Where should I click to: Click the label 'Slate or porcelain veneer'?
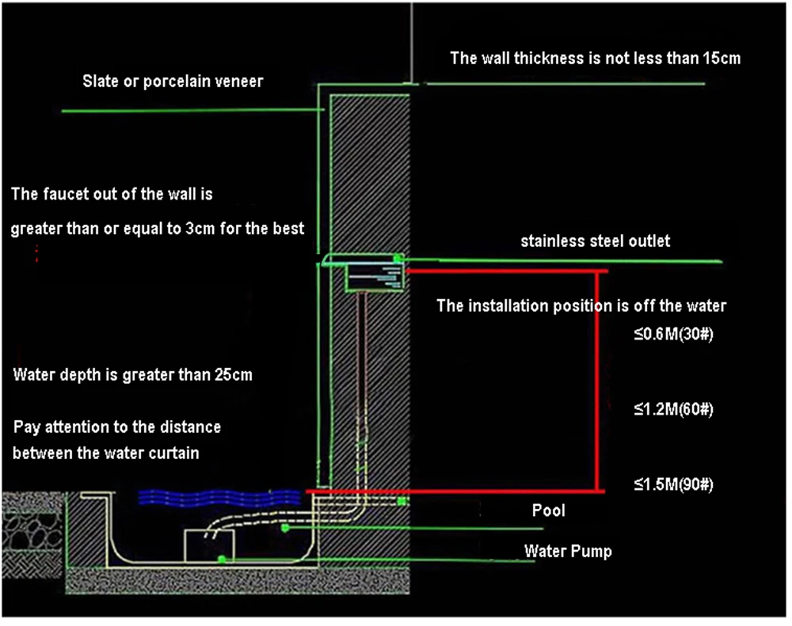click(173, 82)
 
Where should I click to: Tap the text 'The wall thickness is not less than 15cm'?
click(595, 58)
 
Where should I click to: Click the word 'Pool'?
click(548, 510)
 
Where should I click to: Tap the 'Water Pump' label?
click(568, 551)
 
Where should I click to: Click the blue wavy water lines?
click(218, 497)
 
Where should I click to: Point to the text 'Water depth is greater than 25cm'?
click(133, 375)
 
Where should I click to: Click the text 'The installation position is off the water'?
click(581, 305)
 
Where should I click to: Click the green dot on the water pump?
click(223, 559)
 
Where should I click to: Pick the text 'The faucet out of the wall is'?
click(112, 194)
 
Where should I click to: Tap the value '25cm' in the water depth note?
click(231, 375)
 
